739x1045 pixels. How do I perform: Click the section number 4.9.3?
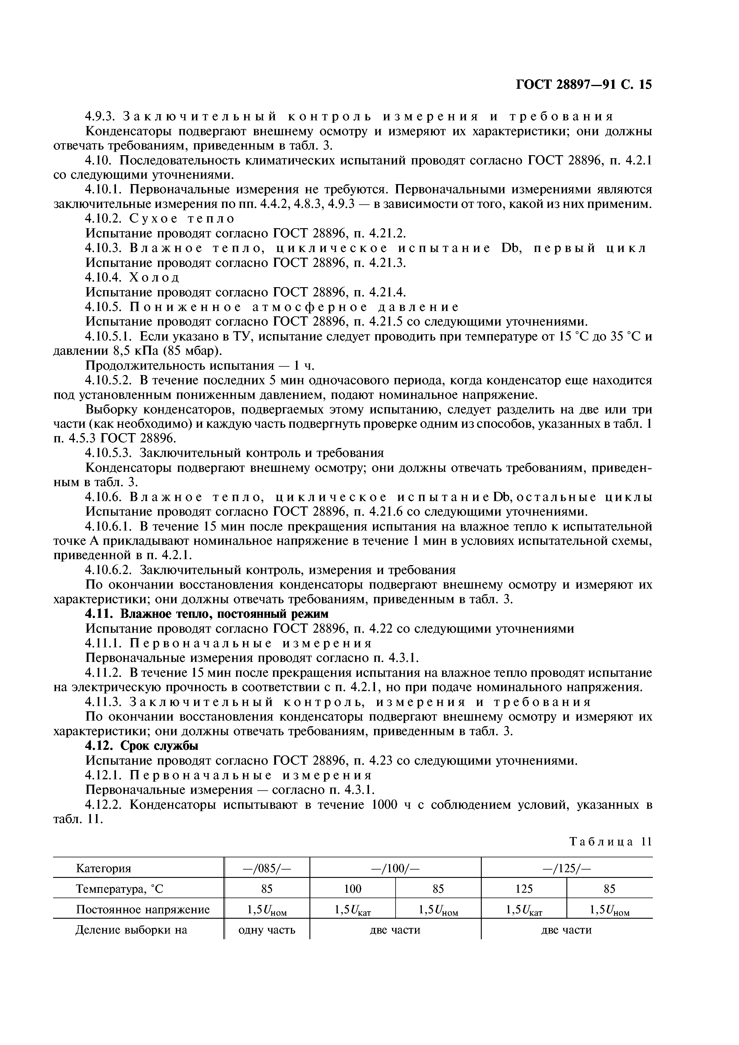click(x=101, y=117)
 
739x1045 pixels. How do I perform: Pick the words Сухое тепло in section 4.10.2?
click(x=182, y=219)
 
